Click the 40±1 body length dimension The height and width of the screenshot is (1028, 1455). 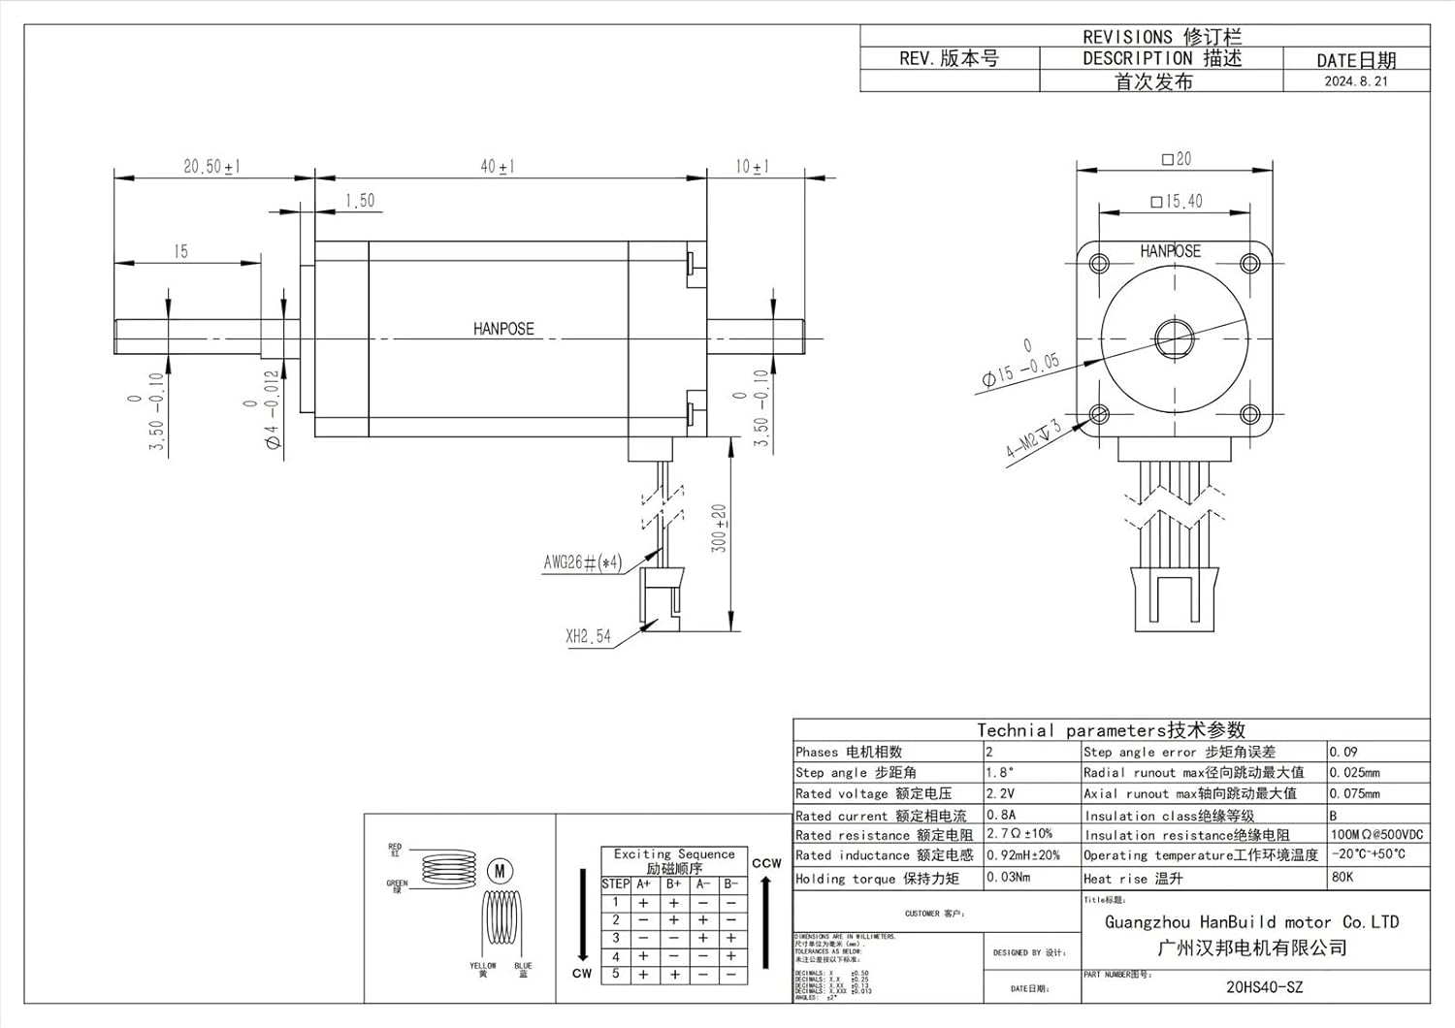498,167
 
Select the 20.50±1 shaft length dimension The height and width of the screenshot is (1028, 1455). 211,167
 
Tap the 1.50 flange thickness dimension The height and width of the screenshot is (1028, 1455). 359,201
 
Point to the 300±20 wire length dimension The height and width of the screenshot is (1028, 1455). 719,529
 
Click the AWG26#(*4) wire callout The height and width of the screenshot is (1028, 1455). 582,562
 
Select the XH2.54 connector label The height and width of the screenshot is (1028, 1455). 588,637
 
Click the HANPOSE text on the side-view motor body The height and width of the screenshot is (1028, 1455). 503,329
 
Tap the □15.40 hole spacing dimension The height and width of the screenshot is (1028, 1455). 1176,202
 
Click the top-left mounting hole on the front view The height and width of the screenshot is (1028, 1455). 1099,263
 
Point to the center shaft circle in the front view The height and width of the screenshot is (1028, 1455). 1173,338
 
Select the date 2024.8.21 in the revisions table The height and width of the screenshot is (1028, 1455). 1355,81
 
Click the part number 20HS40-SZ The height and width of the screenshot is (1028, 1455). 1264,987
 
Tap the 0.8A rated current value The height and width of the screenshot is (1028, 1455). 1001,816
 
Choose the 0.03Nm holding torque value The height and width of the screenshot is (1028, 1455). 1008,878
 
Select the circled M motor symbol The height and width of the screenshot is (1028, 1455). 500,871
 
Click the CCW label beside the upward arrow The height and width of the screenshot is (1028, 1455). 766,863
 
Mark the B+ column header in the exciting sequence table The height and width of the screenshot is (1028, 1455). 673,884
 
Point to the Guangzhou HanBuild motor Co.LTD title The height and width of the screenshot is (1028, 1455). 1251,922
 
